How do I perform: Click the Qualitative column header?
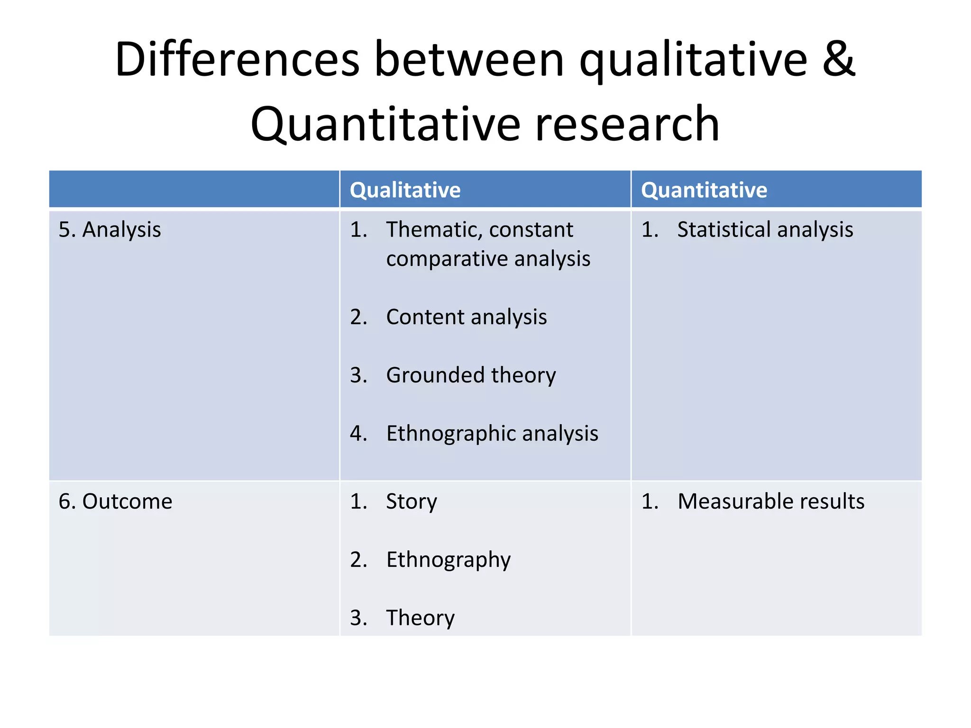pyautogui.click(x=405, y=190)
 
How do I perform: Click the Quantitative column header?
pyautogui.click(x=704, y=190)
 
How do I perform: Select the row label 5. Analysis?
pyautogui.click(x=110, y=230)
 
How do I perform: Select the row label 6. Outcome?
pyautogui.click(x=115, y=501)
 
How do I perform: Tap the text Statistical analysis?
pyautogui.click(x=765, y=230)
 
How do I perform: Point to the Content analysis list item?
pyautogui.click(x=466, y=317)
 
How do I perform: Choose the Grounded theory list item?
pyautogui.click(x=471, y=375)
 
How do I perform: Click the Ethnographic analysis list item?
pyautogui.click(x=492, y=434)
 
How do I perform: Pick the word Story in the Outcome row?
pyautogui.click(x=412, y=501)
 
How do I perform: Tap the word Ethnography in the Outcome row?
pyautogui.click(x=449, y=560)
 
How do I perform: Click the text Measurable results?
pyautogui.click(x=771, y=501)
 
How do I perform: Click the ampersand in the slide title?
pyautogui.click(x=838, y=60)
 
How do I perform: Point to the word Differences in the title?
pyautogui.click(x=237, y=60)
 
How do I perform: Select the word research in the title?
pyautogui.click(x=627, y=124)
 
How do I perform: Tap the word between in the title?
pyautogui.click(x=469, y=60)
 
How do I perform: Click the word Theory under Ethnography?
pyautogui.click(x=420, y=618)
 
